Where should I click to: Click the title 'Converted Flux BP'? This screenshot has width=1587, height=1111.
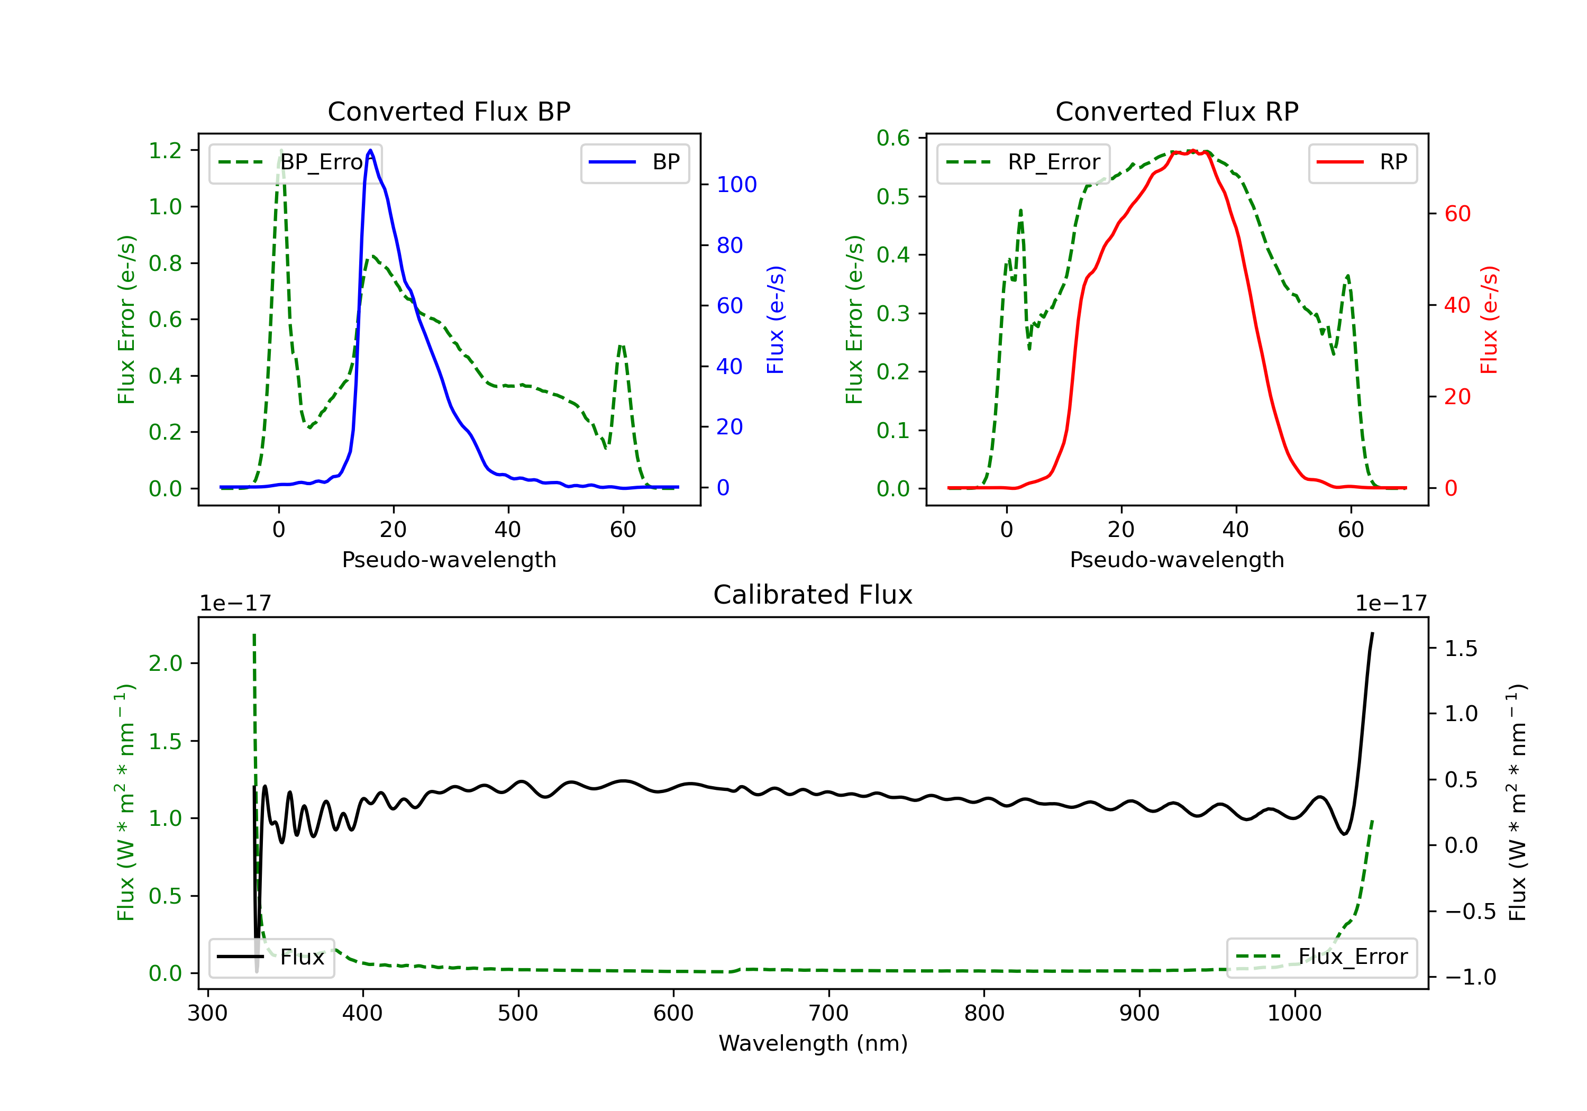point(449,111)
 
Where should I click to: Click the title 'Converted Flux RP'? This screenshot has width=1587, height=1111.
point(1176,111)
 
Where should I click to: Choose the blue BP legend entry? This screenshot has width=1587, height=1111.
point(634,162)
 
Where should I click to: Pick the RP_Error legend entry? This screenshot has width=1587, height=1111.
point(1023,162)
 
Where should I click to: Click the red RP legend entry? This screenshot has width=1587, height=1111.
point(1362,162)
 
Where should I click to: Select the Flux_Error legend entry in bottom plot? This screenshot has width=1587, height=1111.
point(1321,957)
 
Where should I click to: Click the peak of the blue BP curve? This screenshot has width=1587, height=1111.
point(370,150)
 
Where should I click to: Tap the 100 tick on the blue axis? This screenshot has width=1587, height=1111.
point(736,185)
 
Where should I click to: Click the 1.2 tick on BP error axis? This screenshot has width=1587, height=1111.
point(165,151)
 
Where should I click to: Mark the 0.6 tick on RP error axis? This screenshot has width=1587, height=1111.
point(893,138)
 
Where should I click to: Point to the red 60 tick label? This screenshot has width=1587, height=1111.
point(1457,214)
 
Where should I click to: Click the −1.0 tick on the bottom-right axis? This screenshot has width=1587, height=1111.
point(1470,977)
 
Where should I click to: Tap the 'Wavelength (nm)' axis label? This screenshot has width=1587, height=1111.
point(813,1043)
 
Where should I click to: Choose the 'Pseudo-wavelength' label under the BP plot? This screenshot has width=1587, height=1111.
point(449,559)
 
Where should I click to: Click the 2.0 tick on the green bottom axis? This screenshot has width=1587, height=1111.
point(165,664)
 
